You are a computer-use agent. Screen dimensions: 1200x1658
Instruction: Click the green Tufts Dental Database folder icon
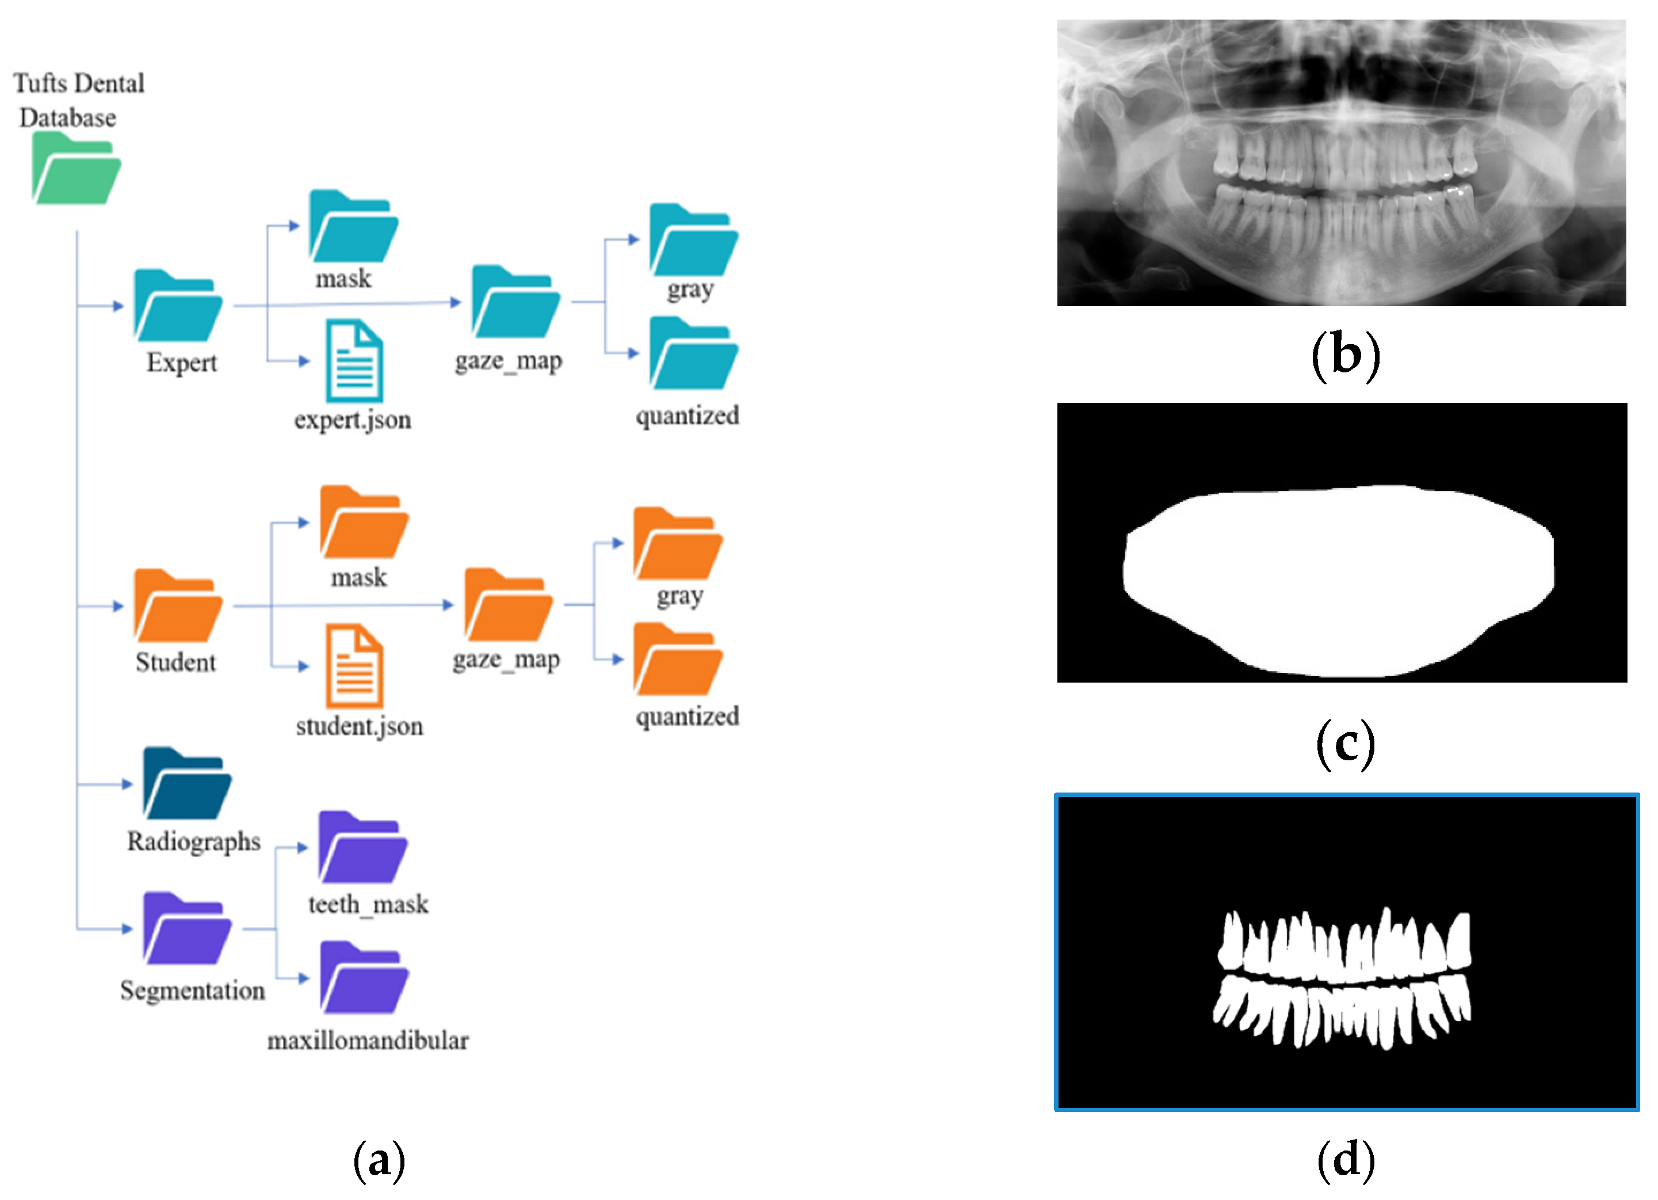tap(76, 170)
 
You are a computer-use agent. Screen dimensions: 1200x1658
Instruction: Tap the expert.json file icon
tap(354, 361)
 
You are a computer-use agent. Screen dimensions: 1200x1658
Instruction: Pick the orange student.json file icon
tap(354, 665)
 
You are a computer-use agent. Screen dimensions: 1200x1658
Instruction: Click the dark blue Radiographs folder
tap(187, 784)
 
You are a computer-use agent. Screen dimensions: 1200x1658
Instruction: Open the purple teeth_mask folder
tap(362, 848)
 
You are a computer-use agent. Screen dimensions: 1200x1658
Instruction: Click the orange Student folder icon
tap(178, 607)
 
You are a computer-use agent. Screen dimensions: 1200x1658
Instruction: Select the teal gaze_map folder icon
tap(515, 303)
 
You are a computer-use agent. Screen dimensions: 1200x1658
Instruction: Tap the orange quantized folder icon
tap(678, 660)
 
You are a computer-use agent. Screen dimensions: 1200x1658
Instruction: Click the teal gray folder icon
tap(694, 241)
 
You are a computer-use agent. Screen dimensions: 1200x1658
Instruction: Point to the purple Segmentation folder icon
tap(187, 929)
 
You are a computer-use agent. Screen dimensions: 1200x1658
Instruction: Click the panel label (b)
tap(1345, 355)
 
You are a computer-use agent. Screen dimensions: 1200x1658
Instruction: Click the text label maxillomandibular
tap(368, 1041)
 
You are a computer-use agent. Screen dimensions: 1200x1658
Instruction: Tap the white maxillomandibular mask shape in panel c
tap(1338, 581)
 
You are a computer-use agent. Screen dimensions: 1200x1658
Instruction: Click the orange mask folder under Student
tap(364, 523)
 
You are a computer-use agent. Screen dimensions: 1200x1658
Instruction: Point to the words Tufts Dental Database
tap(78, 100)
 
